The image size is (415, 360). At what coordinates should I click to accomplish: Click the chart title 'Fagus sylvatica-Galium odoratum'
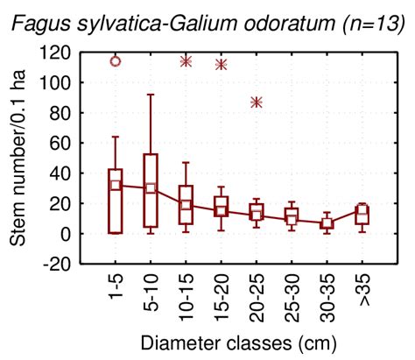coord(166,18)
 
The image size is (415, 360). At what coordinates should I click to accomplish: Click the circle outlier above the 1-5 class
coord(115,61)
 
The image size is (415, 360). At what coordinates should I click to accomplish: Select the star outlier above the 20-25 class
coord(257,102)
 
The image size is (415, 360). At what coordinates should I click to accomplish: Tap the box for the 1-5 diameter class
coord(115,201)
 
